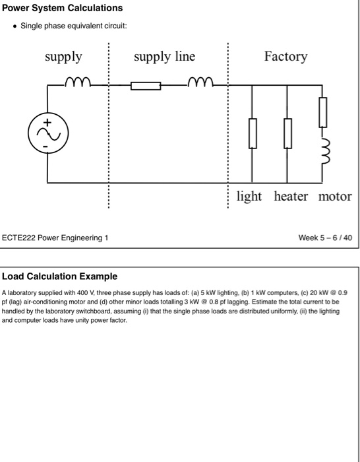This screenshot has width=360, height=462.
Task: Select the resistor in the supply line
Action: click(146, 85)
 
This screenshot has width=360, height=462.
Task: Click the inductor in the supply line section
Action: click(198, 84)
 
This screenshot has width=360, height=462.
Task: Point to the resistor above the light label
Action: click(253, 134)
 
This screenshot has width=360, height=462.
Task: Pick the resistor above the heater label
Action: click(287, 134)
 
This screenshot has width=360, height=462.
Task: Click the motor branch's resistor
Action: click(322, 112)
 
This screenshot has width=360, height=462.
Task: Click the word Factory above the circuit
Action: click(285, 57)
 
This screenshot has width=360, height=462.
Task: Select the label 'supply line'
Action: click(164, 57)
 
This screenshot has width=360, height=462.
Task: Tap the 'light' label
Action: click(249, 197)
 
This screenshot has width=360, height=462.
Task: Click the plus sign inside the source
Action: click(47, 123)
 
